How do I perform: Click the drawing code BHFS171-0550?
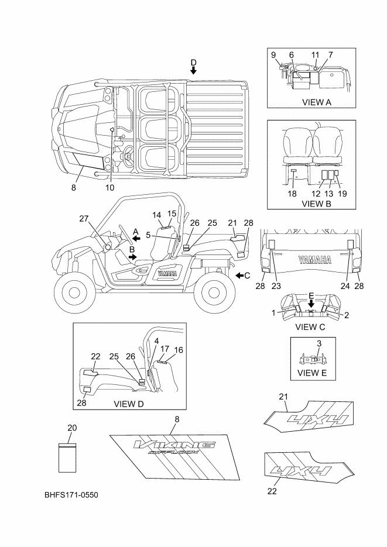coord(71,495)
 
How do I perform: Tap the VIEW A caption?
coord(317,102)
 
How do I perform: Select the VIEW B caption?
coord(316,204)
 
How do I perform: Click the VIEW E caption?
coord(312,373)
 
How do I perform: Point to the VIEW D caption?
coord(129,404)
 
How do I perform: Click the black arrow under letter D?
coord(193,70)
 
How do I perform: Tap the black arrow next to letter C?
coord(239,276)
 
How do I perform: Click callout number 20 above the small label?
coord(72,428)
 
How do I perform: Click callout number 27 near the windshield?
coord(84,219)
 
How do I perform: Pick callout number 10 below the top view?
coord(109,188)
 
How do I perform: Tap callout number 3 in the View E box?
coord(319,343)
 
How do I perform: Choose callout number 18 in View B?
coord(292,194)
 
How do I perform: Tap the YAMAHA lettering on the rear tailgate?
coord(315,260)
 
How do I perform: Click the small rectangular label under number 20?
coord(67,457)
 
